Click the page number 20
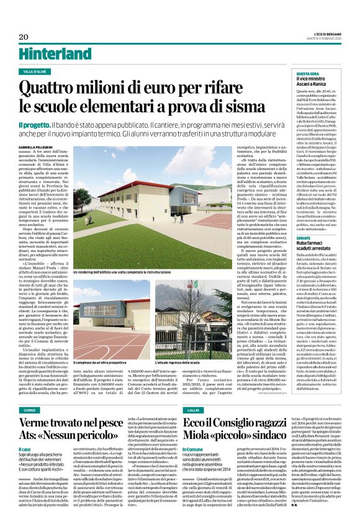[x=24, y=37]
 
